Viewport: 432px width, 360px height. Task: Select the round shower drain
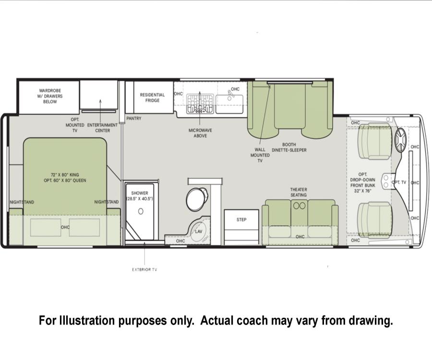pos(141,211)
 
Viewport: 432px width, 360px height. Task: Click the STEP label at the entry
pos(241,219)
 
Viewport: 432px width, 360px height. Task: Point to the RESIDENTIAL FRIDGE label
pos(152,97)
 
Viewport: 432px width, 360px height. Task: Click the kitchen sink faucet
pos(230,95)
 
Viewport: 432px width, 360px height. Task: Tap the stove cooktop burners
pos(200,104)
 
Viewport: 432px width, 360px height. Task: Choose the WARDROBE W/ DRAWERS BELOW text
pos(50,96)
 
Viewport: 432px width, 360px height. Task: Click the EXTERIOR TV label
pos(144,270)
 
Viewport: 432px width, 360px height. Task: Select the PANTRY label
pos(133,118)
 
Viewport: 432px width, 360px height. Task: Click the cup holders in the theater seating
pos(299,205)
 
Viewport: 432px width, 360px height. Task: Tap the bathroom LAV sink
pos(198,232)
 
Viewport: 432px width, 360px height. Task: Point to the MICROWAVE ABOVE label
pos(200,133)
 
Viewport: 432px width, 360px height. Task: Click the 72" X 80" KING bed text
pos(65,175)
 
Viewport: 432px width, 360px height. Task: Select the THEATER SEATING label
pos(299,192)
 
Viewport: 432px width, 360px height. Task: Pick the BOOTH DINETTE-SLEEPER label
pos(289,147)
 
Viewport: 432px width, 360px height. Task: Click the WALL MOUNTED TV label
pos(260,155)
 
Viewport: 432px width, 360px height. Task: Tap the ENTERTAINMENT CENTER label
pos(103,128)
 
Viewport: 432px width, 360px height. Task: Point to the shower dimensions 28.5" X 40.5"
pos(140,199)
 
